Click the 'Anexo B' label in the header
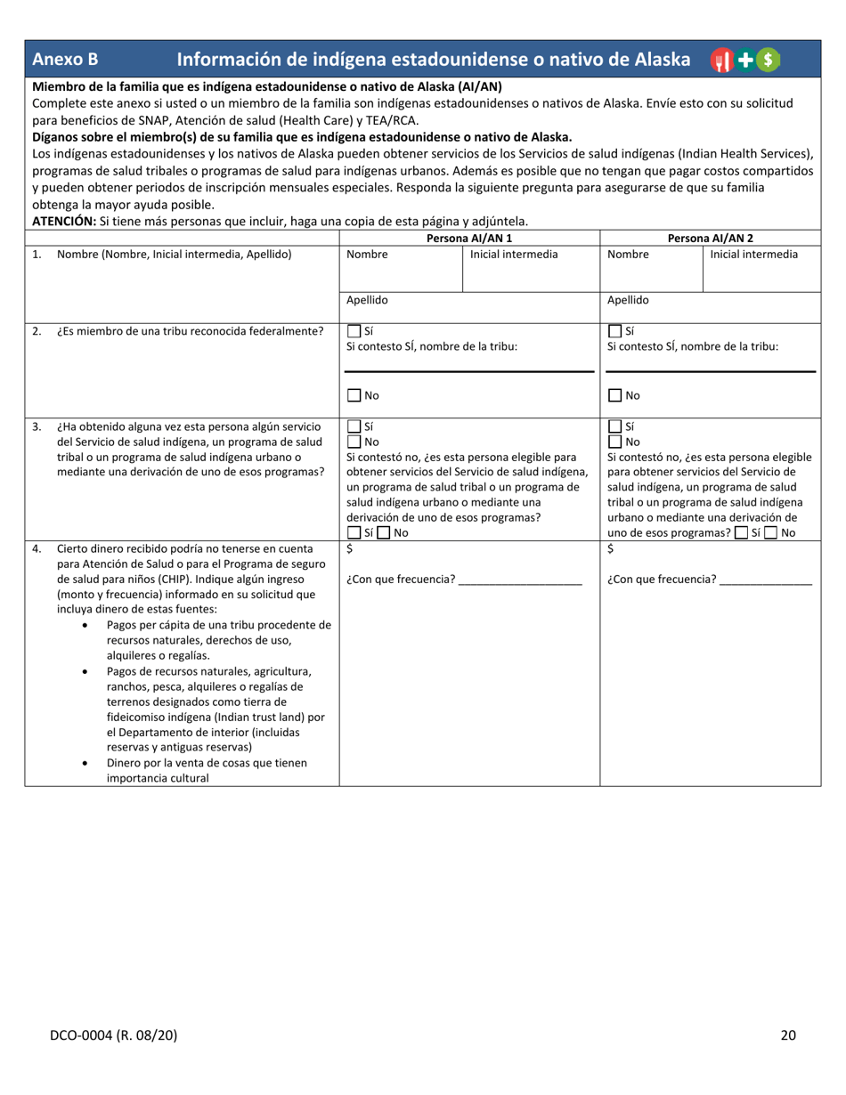click(x=65, y=60)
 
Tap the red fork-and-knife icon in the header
click(x=720, y=60)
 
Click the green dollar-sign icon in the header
click(x=769, y=60)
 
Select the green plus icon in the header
click(x=744, y=60)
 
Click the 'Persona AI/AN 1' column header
click(x=469, y=239)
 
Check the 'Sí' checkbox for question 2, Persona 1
click(x=354, y=331)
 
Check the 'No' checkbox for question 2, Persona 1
click(x=354, y=395)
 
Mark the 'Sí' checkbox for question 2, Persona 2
click(x=614, y=331)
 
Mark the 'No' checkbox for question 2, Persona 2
click(x=614, y=395)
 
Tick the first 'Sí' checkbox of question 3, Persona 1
click(x=354, y=426)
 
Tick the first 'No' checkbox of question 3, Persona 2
click(x=614, y=442)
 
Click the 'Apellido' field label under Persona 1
click(x=367, y=301)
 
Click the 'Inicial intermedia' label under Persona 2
click(x=753, y=255)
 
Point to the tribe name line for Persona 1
click(x=469, y=370)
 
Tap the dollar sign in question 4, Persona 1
click(x=350, y=549)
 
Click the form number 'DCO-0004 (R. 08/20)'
click(x=113, y=1034)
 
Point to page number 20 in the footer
click(x=787, y=1034)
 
